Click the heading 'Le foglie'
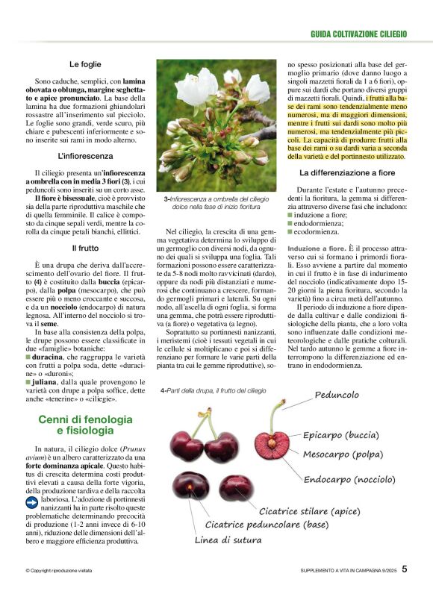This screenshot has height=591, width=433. (84, 64)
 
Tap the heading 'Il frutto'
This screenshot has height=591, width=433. (84, 247)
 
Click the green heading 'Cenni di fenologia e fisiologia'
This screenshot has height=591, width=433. (84, 425)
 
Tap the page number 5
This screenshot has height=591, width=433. (404, 569)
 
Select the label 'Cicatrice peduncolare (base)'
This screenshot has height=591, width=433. (266, 525)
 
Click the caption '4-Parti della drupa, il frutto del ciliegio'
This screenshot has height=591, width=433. (213, 390)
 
